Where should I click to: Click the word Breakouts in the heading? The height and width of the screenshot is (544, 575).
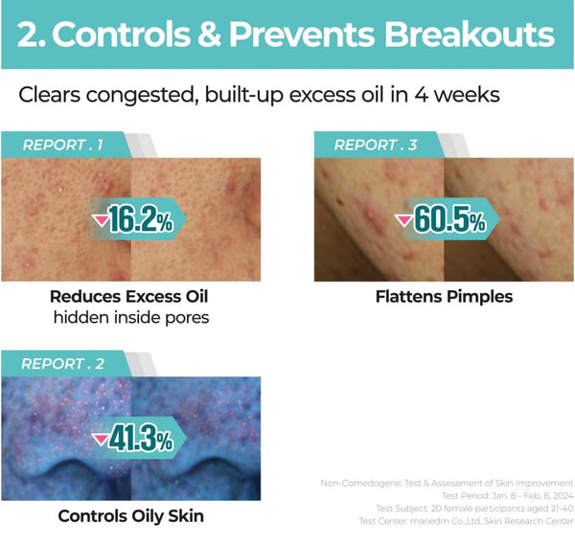point(469,34)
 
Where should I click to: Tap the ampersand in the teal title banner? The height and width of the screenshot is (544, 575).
point(209,34)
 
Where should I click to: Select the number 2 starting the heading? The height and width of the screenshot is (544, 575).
point(28,34)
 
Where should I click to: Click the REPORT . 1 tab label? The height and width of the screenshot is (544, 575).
point(62,146)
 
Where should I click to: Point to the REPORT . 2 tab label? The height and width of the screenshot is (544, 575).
point(62,364)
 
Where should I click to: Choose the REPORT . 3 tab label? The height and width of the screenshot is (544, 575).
point(376,146)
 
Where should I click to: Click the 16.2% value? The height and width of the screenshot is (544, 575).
point(141,219)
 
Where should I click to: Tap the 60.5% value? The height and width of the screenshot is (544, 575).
point(449,219)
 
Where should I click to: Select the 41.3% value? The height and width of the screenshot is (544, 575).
point(141,438)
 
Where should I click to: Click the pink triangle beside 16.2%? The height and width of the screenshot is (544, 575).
point(100,219)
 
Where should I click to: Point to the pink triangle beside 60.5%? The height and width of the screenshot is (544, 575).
point(403,219)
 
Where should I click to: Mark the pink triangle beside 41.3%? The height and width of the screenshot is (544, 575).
point(100,439)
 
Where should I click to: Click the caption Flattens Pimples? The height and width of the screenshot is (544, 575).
point(444,297)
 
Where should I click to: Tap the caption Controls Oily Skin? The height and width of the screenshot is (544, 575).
point(131,516)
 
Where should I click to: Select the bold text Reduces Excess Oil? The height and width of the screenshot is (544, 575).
point(129,297)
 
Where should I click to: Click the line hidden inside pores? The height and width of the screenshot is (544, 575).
point(131,317)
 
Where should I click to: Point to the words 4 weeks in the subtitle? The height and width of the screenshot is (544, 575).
point(457,95)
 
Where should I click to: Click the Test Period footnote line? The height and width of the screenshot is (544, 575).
point(507,495)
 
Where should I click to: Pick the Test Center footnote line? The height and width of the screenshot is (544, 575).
point(466,521)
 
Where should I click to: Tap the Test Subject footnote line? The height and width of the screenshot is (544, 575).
point(474,509)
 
